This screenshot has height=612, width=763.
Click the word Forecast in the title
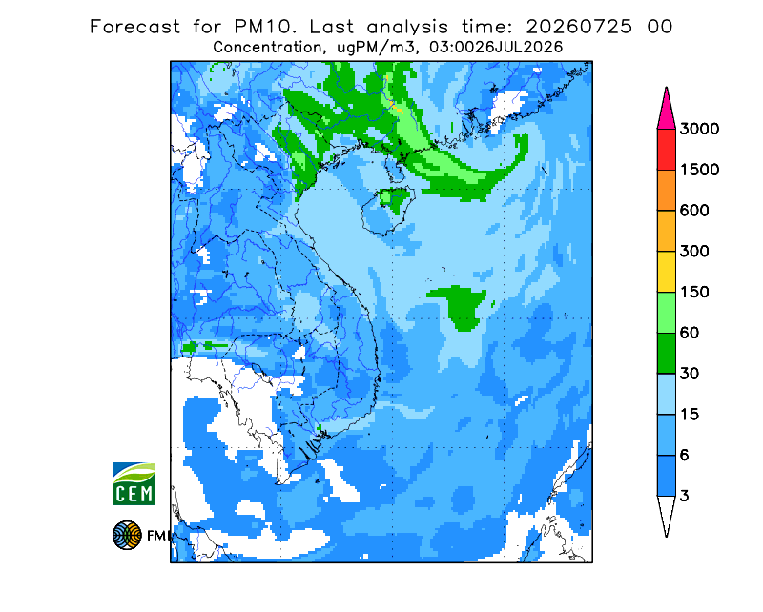coord(134,27)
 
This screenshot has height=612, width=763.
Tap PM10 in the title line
coord(264,27)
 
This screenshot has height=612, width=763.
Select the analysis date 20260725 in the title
coord(579,27)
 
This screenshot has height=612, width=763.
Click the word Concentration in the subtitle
coord(267,48)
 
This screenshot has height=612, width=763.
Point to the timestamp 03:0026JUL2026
coord(496,48)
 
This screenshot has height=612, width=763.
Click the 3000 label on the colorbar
coord(699,129)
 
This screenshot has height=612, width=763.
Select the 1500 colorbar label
coord(699,170)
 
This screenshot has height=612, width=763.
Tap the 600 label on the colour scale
coord(694,211)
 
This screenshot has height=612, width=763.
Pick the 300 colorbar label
coord(694,252)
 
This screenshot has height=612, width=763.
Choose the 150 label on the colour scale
coord(694,292)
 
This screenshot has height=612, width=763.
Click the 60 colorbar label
coord(690,333)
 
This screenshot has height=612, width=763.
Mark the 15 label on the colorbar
coord(690,415)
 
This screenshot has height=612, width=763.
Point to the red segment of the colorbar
coord(666,149)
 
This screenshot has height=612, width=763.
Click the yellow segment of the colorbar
coord(666,272)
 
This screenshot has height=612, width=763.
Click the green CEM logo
coord(134,483)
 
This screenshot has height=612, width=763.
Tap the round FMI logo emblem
coord(127,535)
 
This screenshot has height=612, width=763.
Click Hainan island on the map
coord(388,210)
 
